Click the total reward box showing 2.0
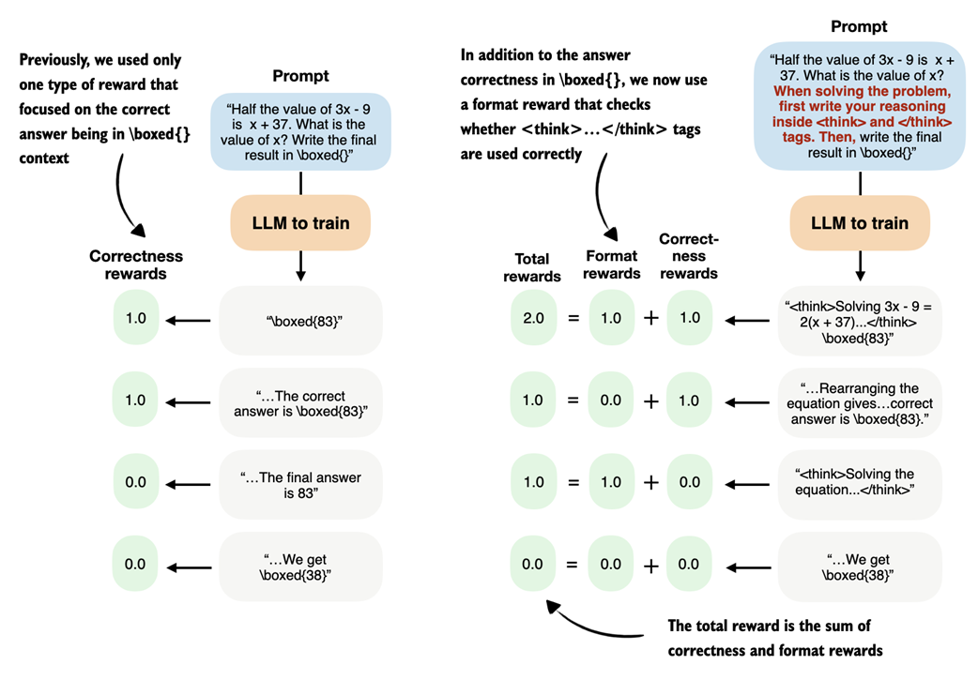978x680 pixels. (x=532, y=318)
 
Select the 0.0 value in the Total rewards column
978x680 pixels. (x=532, y=564)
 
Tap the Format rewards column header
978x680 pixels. (x=611, y=264)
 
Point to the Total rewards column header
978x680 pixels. (x=532, y=267)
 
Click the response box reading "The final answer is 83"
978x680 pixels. (x=300, y=482)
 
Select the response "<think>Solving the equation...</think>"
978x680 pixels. (x=860, y=482)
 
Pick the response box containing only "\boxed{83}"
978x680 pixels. (x=300, y=319)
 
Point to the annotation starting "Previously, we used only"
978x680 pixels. (x=100, y=109)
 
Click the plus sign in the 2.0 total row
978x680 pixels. (x=650, y=318)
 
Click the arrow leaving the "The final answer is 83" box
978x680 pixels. (x=191, y=483)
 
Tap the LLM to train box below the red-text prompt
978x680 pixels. (x=860, y=222)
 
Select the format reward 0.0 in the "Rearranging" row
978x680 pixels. (x=611, y=400)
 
